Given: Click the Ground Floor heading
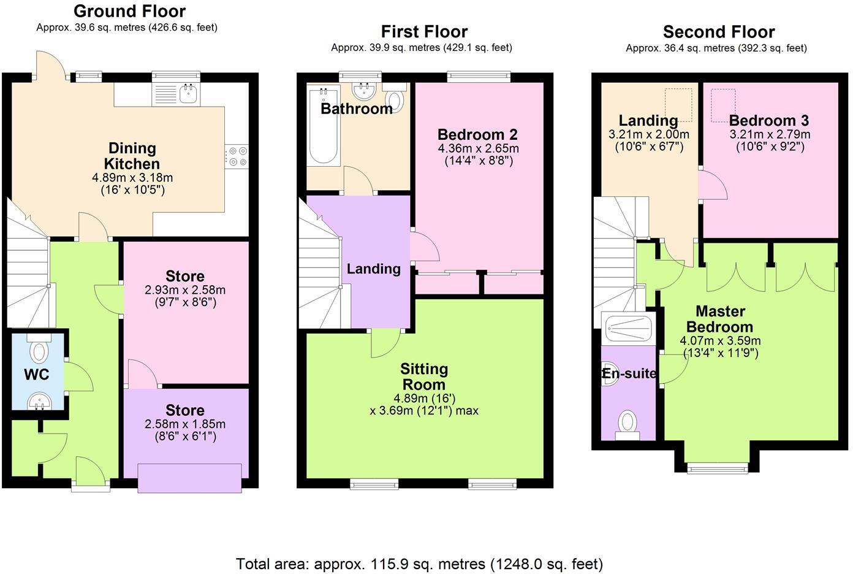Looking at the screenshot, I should (129, 11).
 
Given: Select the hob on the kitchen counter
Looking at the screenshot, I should (237, 155).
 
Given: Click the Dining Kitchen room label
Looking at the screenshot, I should (132, 156).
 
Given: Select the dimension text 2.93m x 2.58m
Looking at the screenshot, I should (185, 290).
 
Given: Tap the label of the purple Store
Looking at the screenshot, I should (184, 410).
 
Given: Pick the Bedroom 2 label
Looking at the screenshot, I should (477, 134).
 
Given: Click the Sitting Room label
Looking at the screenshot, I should (424, 377).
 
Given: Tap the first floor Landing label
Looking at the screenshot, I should (373, 269).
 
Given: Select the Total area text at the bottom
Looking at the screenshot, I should (419, 564).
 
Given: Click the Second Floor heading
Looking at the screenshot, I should (718, 32).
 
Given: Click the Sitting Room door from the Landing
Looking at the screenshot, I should (386, 343).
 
